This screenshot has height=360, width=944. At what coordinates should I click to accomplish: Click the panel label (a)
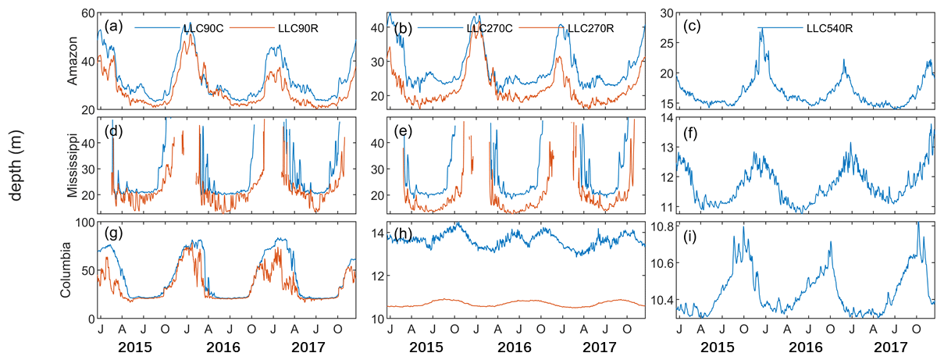(113, 27)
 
